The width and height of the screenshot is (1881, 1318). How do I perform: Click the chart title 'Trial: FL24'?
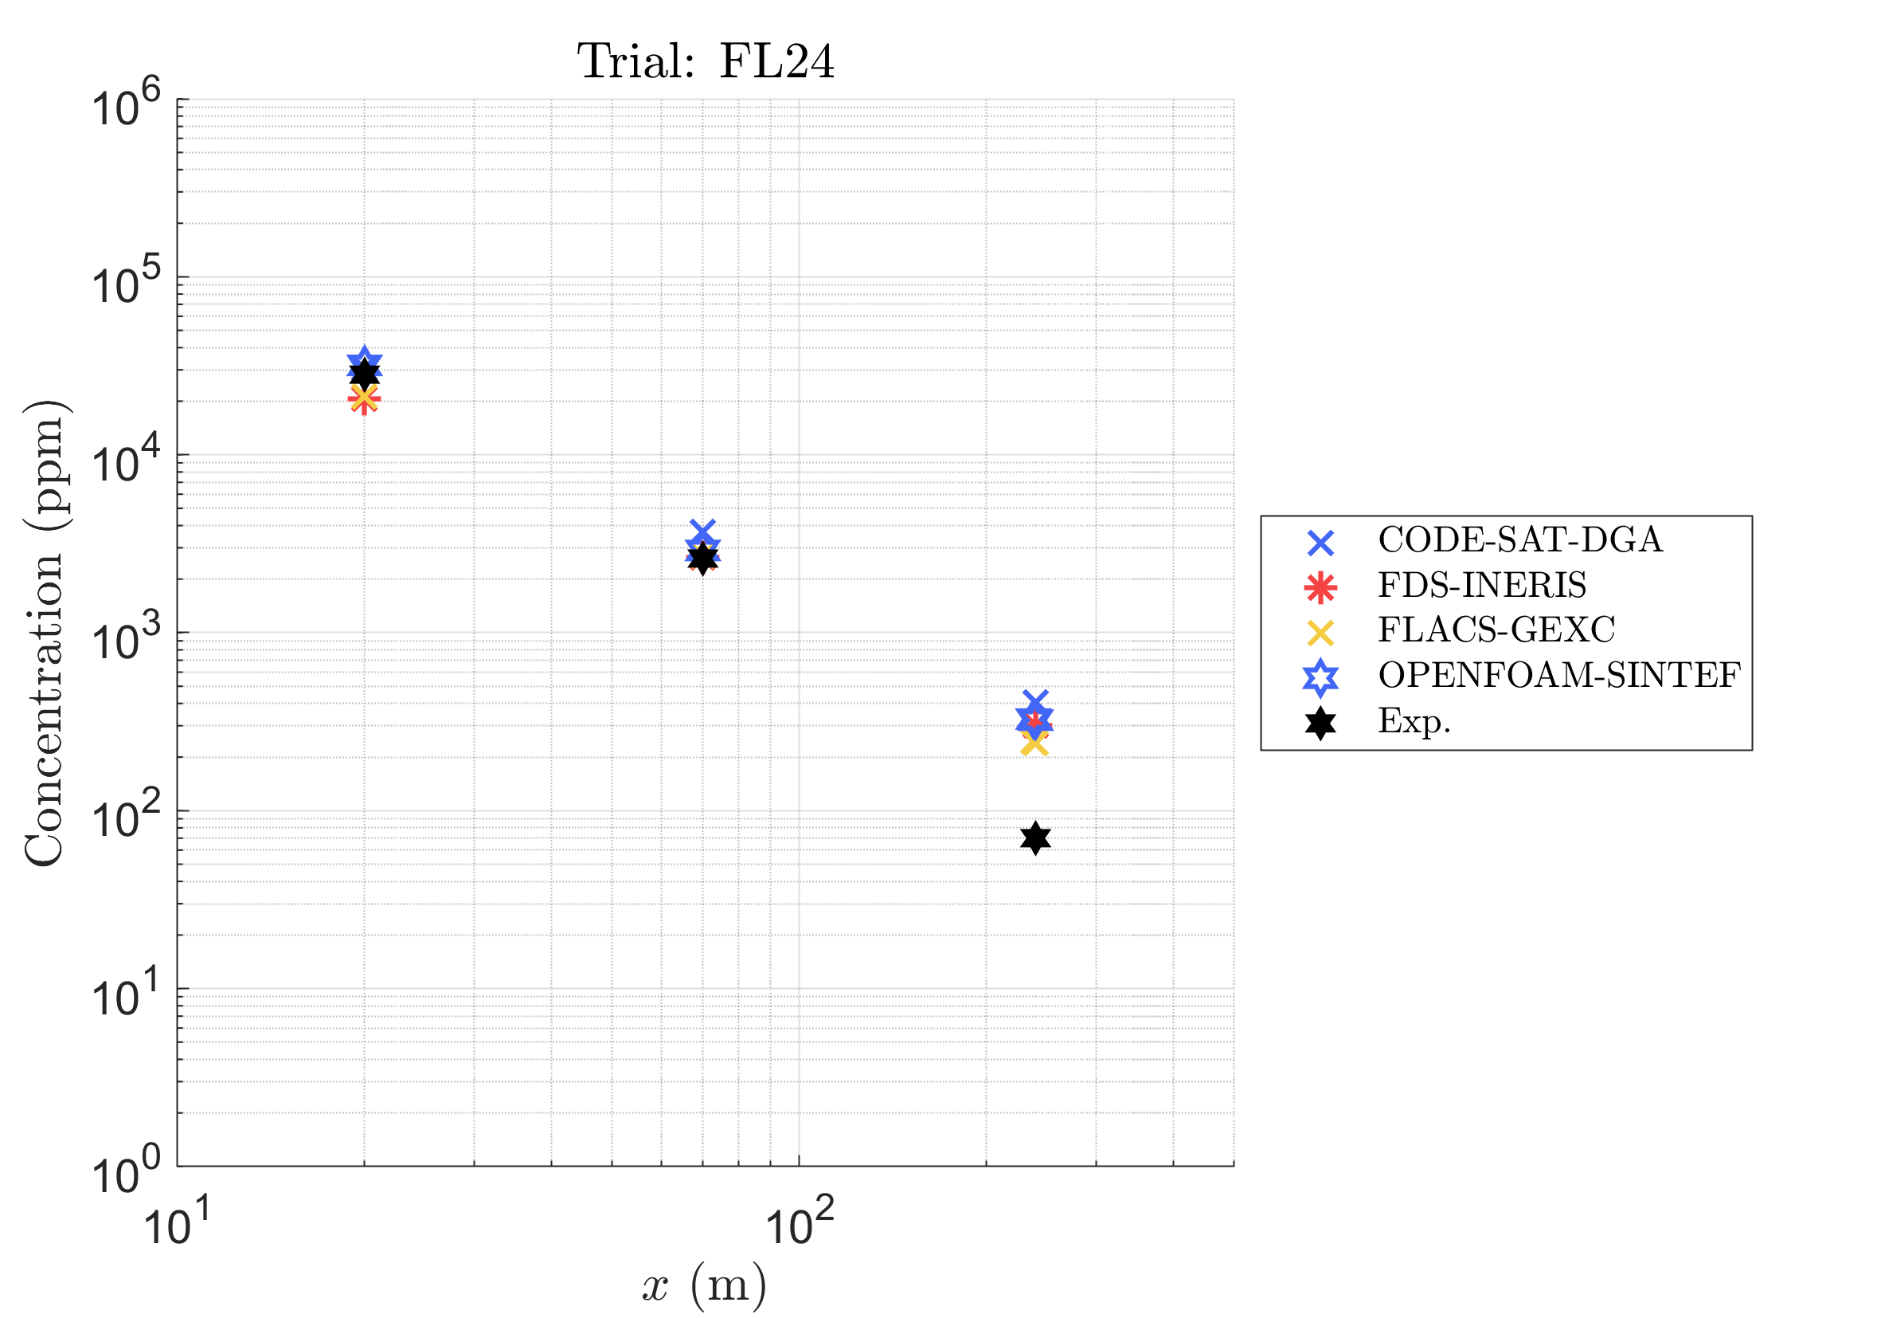pyautogui.click(x=706, y=61)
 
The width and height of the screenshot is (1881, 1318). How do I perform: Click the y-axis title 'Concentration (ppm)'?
pyautogui.click(x=45, y=633)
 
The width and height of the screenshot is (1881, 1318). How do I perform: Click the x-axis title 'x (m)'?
pyautogui.click(x=704, y=1286)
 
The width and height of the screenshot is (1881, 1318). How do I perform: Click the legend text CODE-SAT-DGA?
pyautogui.click(x=1520, y=540)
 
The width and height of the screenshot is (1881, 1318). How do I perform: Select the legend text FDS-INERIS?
pyautogui.click(x=1482, y=585)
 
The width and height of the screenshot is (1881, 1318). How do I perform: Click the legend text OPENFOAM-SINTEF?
pyautogui.click(x=1559, y=676)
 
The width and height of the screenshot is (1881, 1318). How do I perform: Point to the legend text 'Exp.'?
pyautogui.click(x=1414, y=721)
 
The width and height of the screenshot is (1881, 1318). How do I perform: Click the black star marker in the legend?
pyautogui.click(x=1320, y=723)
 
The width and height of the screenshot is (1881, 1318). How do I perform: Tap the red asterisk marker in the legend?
pyautogui.click(x=1320, y=588)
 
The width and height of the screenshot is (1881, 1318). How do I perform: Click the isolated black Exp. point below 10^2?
pyautogui.click(x=1035, y=837)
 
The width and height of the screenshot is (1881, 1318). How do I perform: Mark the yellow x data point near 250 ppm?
pyautogui.click(x=1034, y=744)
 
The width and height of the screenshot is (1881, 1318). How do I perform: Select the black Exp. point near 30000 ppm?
pyautogui.click(x=365, y=373)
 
